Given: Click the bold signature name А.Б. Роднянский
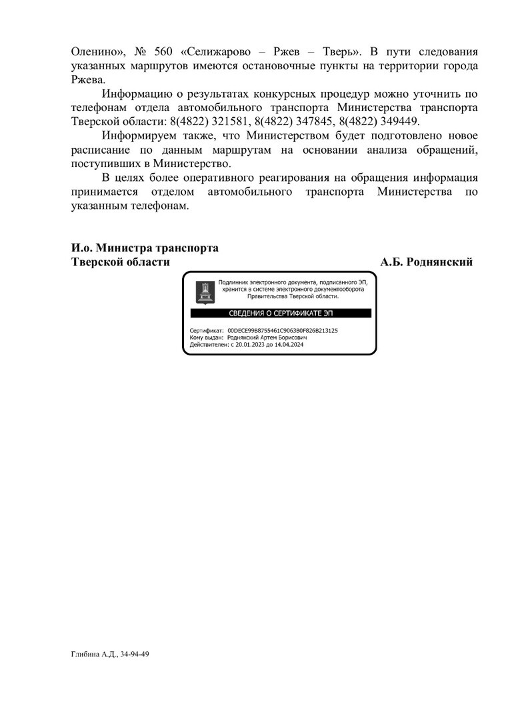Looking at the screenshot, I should pyautogui.click(x=427, y=262).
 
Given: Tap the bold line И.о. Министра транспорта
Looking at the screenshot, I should pyautogui.click(x=145, y=248).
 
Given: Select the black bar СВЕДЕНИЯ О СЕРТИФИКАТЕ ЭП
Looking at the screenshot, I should pyautogui.click(x=279, y=313).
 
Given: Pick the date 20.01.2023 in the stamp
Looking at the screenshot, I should pyautogui.click(x=251, y=346).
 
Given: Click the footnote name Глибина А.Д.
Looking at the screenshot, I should pyautogui.click(x=93, y=654).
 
